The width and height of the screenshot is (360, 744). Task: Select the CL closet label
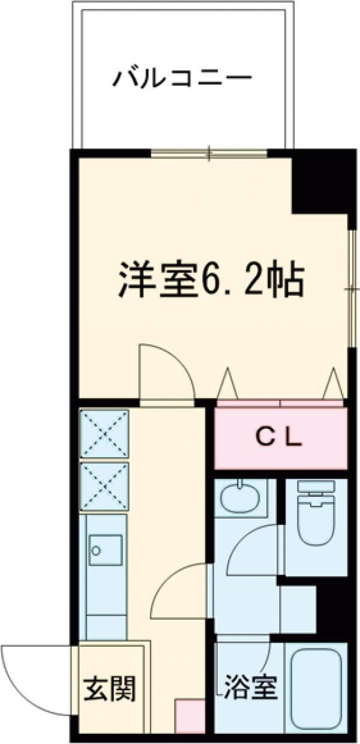pyautogui.click(x=280, y=439)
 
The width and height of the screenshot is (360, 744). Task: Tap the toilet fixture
pyautogui.click(x=315, y=516)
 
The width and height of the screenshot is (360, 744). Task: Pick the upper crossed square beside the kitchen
pyautogui.click(x=104, y=434)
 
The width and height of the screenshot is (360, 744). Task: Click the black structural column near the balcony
pyautogui.click(x=318, y=183)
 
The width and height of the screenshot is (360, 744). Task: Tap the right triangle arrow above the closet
pyautogui.click(x=332, y=384)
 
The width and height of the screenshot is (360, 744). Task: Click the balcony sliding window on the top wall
pyautogui.click(x=209, y=154)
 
